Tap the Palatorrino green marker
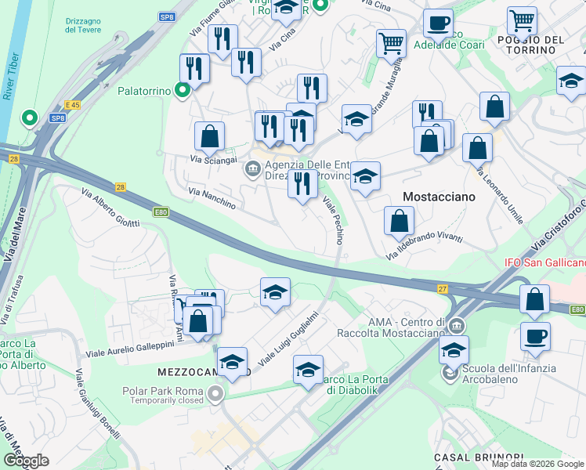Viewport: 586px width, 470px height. pyautogui.click(x=183, y=91)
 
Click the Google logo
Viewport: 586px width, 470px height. pyautogui.click(x=25, y=461)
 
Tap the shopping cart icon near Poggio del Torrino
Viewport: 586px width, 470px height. pyautogui.click(x=522, y=21)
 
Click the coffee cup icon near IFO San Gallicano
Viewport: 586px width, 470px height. pyautogui.click(x=535, y=337)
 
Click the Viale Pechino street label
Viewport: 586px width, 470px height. pyautogui.click(x=333, y=220)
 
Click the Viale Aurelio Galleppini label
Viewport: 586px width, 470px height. pyautogui.click(x=130, y=349)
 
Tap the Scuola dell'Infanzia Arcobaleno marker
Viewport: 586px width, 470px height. pyautogui.click(x=449, y=374)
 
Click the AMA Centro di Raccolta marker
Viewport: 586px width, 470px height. pyautogui.click(x=456, y=324)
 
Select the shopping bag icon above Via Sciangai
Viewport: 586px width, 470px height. pyautogui.click(x=210, y=137)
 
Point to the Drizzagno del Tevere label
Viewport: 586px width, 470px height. pyautogui.click(x=81, y=23)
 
